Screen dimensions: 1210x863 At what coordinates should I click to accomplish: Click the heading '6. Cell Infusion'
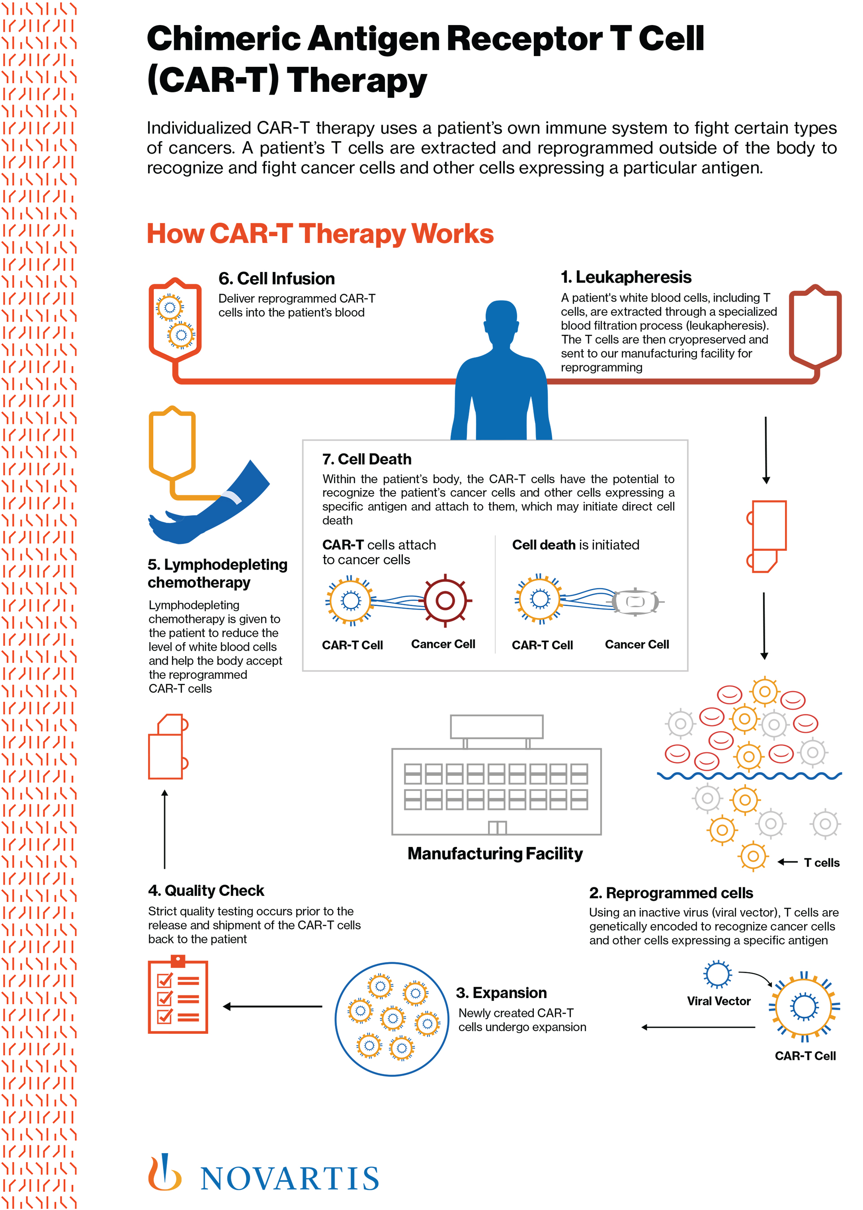pyautogui.click(x=276, y=279)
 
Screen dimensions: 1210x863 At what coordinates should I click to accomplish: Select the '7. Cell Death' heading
pyautogui.click(x=366, y=459)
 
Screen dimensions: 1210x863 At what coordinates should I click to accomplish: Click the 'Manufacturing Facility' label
pyautogui.click(x=495, y=853)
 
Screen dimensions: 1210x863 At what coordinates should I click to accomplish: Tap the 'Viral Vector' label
pyautogui.click(x=719, y=1001)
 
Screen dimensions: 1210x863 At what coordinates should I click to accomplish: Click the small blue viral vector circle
pyautogui.click(x=717, y=974)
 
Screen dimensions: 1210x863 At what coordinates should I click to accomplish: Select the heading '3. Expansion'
pyautogui.click(x=501, y=992)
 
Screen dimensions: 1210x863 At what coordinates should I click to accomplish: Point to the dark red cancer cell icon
pyautogui.click(x=445, y=601)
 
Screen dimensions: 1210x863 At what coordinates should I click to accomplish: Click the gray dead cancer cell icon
pyautogui.click(x=636, y=601)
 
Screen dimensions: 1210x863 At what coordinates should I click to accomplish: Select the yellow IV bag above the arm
pyautogui.click(x=172, y=442)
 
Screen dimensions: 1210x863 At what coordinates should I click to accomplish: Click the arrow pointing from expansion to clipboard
pyautogui.click(x=272, y=1006)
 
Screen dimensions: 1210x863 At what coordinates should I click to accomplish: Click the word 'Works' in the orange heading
pyautogui.click(x=452, y=233)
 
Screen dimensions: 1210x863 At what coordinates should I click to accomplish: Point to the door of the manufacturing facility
pyautogui.click(x=497, y=827)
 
